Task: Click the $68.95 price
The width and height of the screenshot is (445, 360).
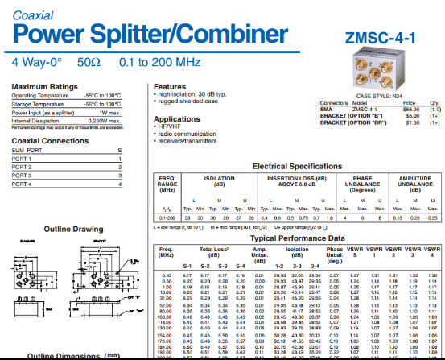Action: (412, 108)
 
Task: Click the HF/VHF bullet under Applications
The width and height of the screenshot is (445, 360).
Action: (172, 127)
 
